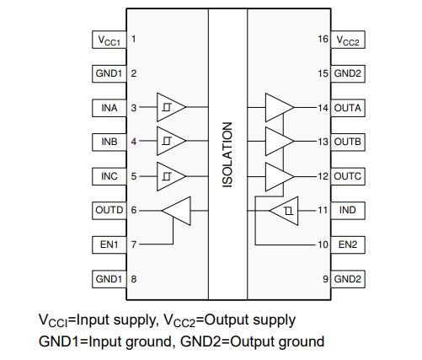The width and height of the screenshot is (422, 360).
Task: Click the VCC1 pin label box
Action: click(x=110, y=40)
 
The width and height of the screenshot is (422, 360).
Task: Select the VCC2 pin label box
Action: click(x=348, y=40)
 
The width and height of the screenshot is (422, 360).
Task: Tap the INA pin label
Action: click(x=110, y=108)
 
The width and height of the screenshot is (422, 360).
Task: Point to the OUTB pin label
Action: click(x=348, y=142)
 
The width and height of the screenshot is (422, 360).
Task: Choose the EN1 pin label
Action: click(x=110, y=244)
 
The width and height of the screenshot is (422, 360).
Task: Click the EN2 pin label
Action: click(x=348, y=244)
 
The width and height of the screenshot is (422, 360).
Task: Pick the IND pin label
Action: click(x=348, y=210)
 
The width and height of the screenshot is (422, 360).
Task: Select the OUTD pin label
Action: click(x=110, y=210)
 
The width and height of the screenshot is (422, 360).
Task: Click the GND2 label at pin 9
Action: click(x=348, y=279)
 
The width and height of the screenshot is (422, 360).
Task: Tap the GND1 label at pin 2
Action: click(x=109, y=73)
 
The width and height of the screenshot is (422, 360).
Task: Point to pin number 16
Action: click(x=323, y=39)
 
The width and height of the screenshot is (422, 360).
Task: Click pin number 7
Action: click(x=134, y=244)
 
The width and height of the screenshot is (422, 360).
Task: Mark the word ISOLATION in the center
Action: click(x=227, y=155)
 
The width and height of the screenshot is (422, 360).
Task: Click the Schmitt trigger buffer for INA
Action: click(x=171, y=107)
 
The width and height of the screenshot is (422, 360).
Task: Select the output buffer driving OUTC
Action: click(x=280, y=177)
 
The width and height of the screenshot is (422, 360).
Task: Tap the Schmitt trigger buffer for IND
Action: click(x=284, y=211)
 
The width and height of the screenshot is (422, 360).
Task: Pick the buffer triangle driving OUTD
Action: click(x=176, y=211)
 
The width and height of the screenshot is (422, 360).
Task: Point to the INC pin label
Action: click(x=110, y=176)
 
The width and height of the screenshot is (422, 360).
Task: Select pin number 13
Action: click(x=323, y=142)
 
